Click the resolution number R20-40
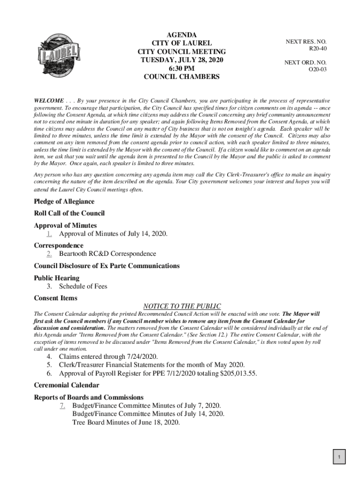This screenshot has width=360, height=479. click(x=317, y=49)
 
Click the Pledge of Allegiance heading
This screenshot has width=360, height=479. click(x=64, y=202)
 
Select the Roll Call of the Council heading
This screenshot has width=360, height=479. click(x=69, y=213)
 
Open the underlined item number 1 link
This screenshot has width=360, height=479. click(x=49, y=234)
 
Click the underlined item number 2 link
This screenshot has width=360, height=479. click(x=49, y=254)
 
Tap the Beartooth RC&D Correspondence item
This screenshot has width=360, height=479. click(x=108, y=254)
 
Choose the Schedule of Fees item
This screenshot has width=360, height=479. click(x=83, y=286)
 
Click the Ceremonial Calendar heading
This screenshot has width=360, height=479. click(x=66, y=385)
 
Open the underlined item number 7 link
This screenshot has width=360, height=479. click(x=62, y=406)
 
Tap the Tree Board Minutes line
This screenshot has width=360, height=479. click(x=126, y=422)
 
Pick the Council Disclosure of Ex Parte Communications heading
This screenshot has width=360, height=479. click(x=107, y=266)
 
